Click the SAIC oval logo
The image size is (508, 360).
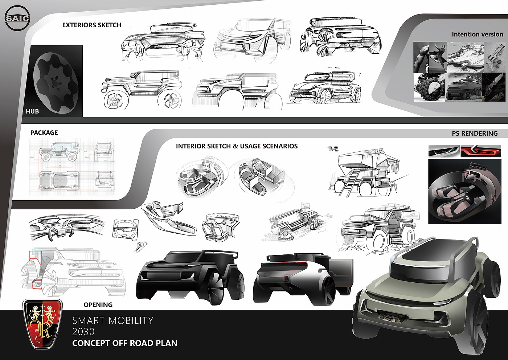pyautogui.click(x=17, y=18)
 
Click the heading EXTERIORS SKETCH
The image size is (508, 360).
pyautogui.click(x=92, y=25)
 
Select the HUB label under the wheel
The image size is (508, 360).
pyautogui.click(x=32, y=111)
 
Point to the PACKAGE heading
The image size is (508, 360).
pyautogui.click(x=44, y=133)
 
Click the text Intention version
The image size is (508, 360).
pyautogui.click(x=477, y=34)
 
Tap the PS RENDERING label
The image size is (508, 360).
pyautogui.click(x=475, y=134)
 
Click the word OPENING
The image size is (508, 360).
pyautogui.click(x=98, y=305)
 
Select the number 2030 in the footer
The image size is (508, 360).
pyautogui.click(x=83, y=332)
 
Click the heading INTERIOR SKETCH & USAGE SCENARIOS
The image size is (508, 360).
pyautogui.click(x=237, y=146)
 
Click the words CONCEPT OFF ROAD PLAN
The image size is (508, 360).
pyautogui.click(x=125, y=343)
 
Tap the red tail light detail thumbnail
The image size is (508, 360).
pyautogui.click(x=480, y=151)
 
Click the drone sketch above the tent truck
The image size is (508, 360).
pyautogui.click(x=332, y=148)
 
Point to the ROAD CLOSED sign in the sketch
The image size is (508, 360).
pyautogui.click(x=305, y=206)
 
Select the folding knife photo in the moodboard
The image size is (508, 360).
pyautogui.click(x=494, y=87)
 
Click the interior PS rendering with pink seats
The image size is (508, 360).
pyautogui.click(x=464, y=192)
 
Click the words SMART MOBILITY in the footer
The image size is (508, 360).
pyautogui.click(x=113, y=321)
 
